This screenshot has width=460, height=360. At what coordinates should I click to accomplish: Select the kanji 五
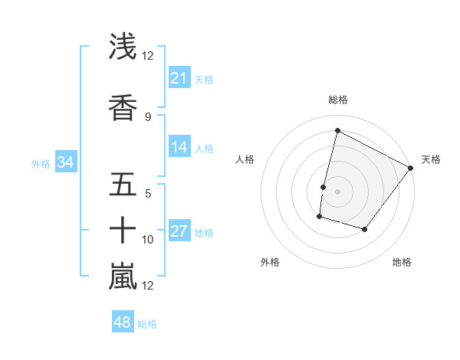point(123,184)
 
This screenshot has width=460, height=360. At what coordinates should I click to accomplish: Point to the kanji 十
point(123,230)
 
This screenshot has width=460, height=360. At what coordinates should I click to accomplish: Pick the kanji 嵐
point(123,276)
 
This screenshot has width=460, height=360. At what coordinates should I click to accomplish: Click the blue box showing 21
point(179,78)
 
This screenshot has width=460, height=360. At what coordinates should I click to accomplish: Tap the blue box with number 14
point(179,148)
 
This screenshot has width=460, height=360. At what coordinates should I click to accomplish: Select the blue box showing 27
point(179,232)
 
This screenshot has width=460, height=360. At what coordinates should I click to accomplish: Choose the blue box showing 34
point(65,162)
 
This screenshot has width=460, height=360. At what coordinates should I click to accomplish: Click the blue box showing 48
point(123,322)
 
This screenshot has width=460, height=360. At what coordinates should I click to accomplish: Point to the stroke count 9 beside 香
point(148,116)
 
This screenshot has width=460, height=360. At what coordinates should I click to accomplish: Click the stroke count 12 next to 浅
point(148,56)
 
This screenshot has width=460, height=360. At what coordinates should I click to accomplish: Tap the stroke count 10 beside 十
point(148,240)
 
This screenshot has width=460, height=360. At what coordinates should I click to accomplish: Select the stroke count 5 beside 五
point(148,193)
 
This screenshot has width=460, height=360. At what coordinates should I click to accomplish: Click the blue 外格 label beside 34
point(41,163)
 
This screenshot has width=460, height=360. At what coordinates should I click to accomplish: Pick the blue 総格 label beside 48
point(147,324)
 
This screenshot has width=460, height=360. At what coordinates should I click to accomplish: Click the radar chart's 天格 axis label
point(431,159)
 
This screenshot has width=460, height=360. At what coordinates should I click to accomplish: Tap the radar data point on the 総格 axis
point(337,131)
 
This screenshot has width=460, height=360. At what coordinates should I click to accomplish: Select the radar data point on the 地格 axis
point(365,230)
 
